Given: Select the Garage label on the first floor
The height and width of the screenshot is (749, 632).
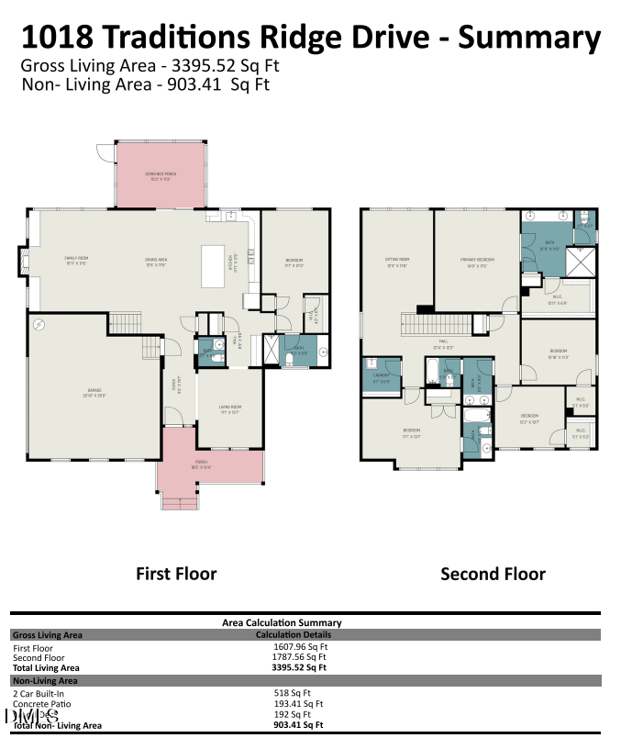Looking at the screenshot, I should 94,393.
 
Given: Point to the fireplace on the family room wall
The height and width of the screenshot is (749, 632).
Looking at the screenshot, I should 22,261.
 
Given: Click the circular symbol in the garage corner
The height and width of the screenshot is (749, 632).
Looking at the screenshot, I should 39,325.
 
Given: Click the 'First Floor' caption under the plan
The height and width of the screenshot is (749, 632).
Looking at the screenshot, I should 176,574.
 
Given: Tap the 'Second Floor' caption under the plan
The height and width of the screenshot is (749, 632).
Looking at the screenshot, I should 493,574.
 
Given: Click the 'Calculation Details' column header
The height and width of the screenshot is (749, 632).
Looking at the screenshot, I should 293,634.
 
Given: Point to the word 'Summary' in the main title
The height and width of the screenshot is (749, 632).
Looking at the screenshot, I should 529,38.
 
